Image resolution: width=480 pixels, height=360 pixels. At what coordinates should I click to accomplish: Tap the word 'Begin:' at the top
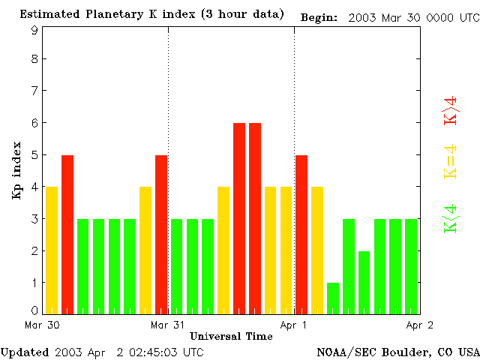[319, 17]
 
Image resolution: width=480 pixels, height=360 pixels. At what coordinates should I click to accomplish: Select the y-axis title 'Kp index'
[17, 170]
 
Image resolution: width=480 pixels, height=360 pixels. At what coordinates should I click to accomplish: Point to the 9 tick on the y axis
[34, 30]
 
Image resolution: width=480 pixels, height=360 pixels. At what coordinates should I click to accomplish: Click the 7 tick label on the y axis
[34, 91]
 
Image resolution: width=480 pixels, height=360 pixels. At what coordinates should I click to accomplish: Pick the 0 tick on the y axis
[34, 310]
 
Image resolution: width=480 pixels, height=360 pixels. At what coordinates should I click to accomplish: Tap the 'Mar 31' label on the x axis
[167, 325]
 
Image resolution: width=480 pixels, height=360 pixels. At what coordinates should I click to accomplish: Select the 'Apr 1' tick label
[294, 325]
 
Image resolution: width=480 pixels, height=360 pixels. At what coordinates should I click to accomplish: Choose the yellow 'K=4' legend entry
[451, 162]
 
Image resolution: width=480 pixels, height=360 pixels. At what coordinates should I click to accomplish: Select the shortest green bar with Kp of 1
[333, 298]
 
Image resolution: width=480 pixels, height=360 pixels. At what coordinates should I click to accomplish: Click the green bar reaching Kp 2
[364, 282]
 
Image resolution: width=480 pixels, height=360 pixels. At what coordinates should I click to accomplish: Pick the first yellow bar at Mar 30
[52, 250]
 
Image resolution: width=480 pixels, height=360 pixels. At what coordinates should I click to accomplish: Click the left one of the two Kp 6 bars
[239, 217]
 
